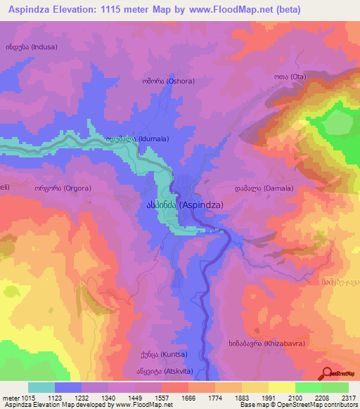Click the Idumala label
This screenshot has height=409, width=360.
(137, 139)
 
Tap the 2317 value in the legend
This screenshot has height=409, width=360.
(348, 397)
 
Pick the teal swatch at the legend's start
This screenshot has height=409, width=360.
(41, 387)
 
